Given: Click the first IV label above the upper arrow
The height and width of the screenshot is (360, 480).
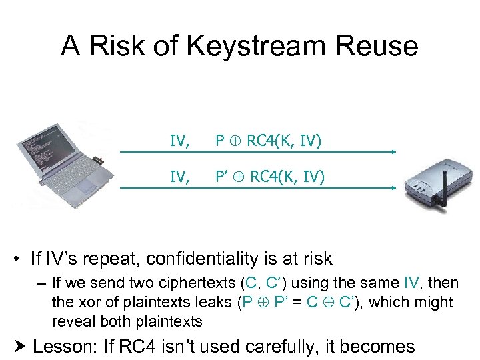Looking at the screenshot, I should point(178,140).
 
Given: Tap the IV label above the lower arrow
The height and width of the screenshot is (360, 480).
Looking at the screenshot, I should point(178,176).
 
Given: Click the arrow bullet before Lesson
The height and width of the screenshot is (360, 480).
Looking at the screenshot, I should point(20,347).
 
